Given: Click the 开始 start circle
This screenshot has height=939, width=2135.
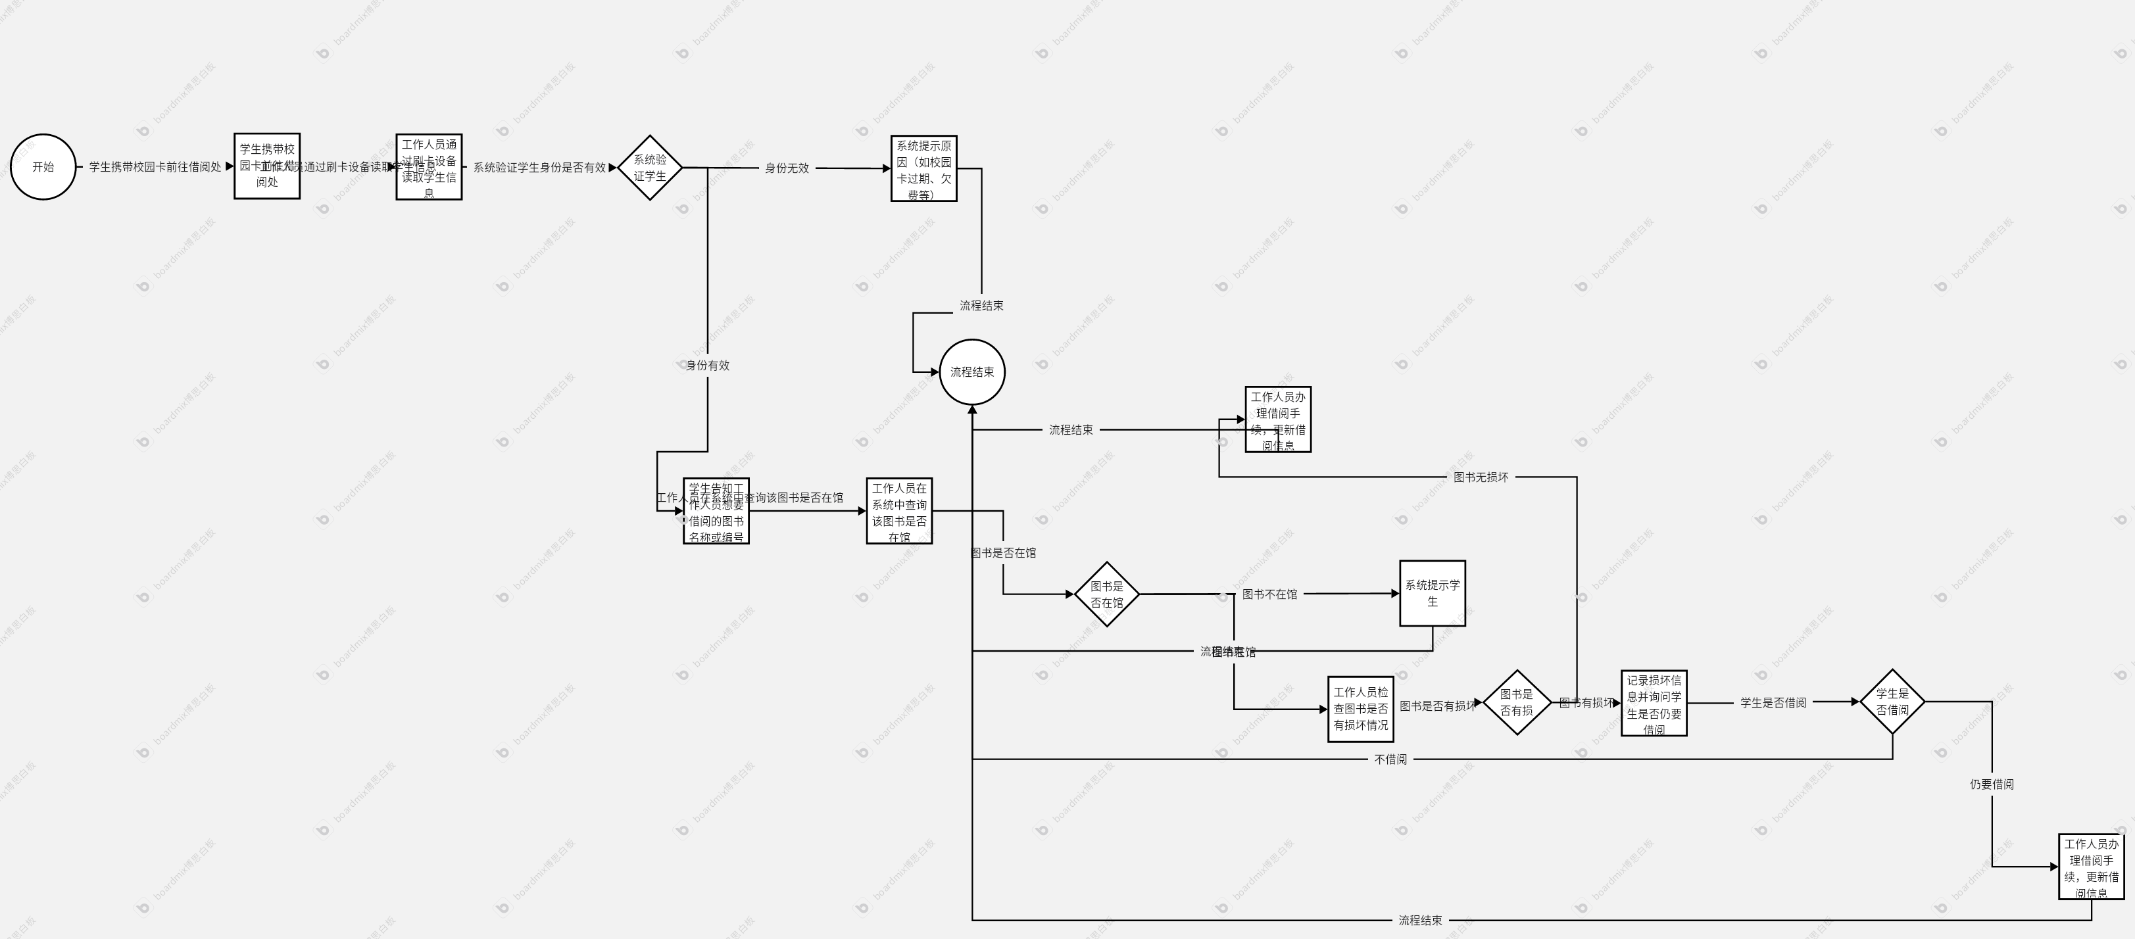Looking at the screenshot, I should coord(43,166).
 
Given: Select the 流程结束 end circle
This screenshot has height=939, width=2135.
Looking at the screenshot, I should coord(971,372).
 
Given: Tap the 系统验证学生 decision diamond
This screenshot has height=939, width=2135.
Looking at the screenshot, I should coord(650,168).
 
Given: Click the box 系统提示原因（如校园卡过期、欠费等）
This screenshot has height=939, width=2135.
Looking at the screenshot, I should coord(923,169).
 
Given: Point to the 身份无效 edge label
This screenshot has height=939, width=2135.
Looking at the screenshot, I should coord(786,168).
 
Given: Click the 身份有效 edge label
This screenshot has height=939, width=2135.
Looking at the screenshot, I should coord(707,366).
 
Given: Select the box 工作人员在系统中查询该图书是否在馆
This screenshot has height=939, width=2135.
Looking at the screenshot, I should coord(898,512).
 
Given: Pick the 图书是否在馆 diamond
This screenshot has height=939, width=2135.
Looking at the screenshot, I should coord(1106,594).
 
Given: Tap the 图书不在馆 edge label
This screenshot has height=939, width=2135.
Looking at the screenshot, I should coord(1269,594).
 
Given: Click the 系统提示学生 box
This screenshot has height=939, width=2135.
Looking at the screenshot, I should coord(1432,593).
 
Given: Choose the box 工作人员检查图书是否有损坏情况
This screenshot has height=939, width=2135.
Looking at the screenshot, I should coord(1360,709).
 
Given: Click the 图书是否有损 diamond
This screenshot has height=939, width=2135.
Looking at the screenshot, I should coord(1517,703).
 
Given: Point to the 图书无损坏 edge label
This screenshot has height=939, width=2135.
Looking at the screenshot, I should coord(1481,477).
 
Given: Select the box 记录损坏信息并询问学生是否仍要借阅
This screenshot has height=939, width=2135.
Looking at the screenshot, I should coord(1654,704).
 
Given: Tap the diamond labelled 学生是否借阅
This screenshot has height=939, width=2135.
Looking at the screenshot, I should coord(1892,702).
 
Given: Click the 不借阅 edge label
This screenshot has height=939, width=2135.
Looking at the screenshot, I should coord(1390,759).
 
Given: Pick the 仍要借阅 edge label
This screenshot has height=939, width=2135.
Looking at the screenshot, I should coord(1992,784).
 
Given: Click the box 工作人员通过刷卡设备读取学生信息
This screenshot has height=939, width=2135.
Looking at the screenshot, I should coord(428,168).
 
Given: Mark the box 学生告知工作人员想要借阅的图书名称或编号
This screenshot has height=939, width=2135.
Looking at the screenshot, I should coord(716,512).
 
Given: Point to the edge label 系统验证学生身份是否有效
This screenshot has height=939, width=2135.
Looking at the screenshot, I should coord(539,168).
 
